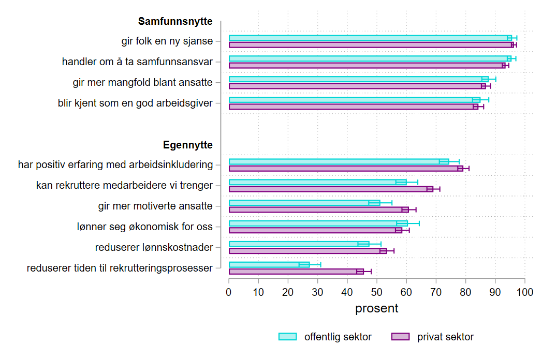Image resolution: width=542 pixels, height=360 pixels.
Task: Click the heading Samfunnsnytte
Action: point(175,22)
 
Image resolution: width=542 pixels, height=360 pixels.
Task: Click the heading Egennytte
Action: point(187,145)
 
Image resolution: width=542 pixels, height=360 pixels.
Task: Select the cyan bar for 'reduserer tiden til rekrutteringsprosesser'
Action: point(269,265)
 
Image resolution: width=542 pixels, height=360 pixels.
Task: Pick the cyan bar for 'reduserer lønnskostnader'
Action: point(299,244)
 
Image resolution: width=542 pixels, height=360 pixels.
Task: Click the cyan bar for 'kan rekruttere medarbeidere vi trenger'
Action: point(317,182)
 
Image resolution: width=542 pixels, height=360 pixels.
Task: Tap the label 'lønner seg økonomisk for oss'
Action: point(155,227)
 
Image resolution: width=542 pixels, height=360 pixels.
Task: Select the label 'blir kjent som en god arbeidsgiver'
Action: point(135,103)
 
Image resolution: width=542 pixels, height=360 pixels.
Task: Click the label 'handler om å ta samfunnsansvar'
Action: point(137,62)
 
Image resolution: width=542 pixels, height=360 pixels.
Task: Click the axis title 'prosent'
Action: point(376,309)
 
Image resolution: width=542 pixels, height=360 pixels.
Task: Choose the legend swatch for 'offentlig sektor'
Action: point(288,337)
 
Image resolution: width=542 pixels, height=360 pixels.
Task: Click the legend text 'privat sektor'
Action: point(445,337)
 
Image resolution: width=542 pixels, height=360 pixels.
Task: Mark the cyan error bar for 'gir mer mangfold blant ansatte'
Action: point(489,79)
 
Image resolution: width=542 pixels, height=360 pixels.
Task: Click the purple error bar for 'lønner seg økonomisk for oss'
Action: point(402,230)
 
